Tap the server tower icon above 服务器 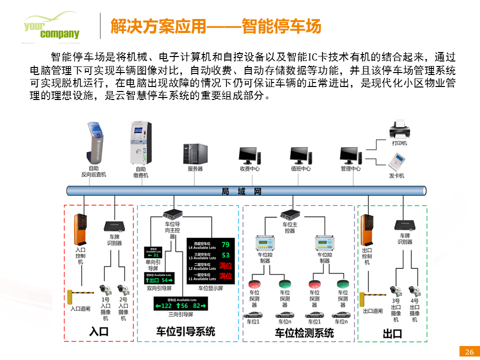coord(195,153)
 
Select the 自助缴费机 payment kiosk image coord(140,142)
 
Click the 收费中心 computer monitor coord(249,155)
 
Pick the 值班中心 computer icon coord(300,155)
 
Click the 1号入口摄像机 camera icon coord(105,289)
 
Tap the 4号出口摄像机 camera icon coord(414,290)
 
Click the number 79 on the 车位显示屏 coord(225,244)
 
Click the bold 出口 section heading coord(392,333)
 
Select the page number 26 coord(469,351)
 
